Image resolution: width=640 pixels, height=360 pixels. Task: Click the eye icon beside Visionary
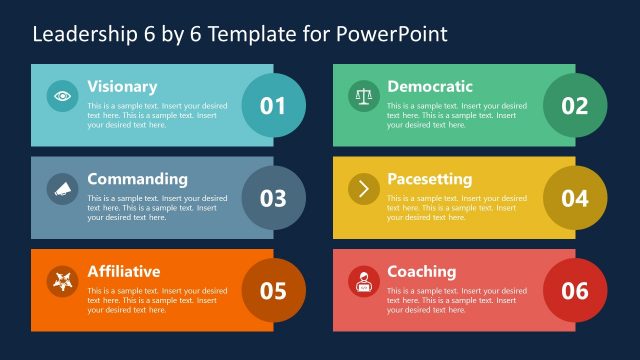(63, 96)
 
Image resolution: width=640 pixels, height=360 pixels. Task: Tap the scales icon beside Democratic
(363, 96)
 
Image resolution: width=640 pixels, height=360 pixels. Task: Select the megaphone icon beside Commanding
(63, 189)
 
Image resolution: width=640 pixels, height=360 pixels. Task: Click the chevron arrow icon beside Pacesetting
(363, 189)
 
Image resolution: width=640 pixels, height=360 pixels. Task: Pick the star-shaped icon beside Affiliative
(63, 281)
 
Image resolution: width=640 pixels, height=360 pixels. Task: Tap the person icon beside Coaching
(363, 282)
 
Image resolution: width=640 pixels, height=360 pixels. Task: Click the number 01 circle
(273, 105)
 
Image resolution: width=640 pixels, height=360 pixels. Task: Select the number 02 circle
(574, 105)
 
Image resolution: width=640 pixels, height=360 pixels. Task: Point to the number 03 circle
(273, 198)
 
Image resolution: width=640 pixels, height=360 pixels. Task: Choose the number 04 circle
(574, 198)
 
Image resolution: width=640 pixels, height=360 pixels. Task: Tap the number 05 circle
(273, 290)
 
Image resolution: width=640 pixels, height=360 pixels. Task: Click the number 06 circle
(574, 290)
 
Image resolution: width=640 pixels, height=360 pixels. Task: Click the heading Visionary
(122, 87)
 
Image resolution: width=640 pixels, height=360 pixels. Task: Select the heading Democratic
(430, 87)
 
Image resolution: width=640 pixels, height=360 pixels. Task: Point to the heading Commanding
(137, 180)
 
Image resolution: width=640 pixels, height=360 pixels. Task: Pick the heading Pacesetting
(429, 180)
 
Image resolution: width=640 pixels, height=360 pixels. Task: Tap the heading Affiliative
(123, 272)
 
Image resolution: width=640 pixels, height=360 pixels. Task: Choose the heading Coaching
(421, 272)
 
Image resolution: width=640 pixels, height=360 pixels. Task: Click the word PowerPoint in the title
(392, 34)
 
